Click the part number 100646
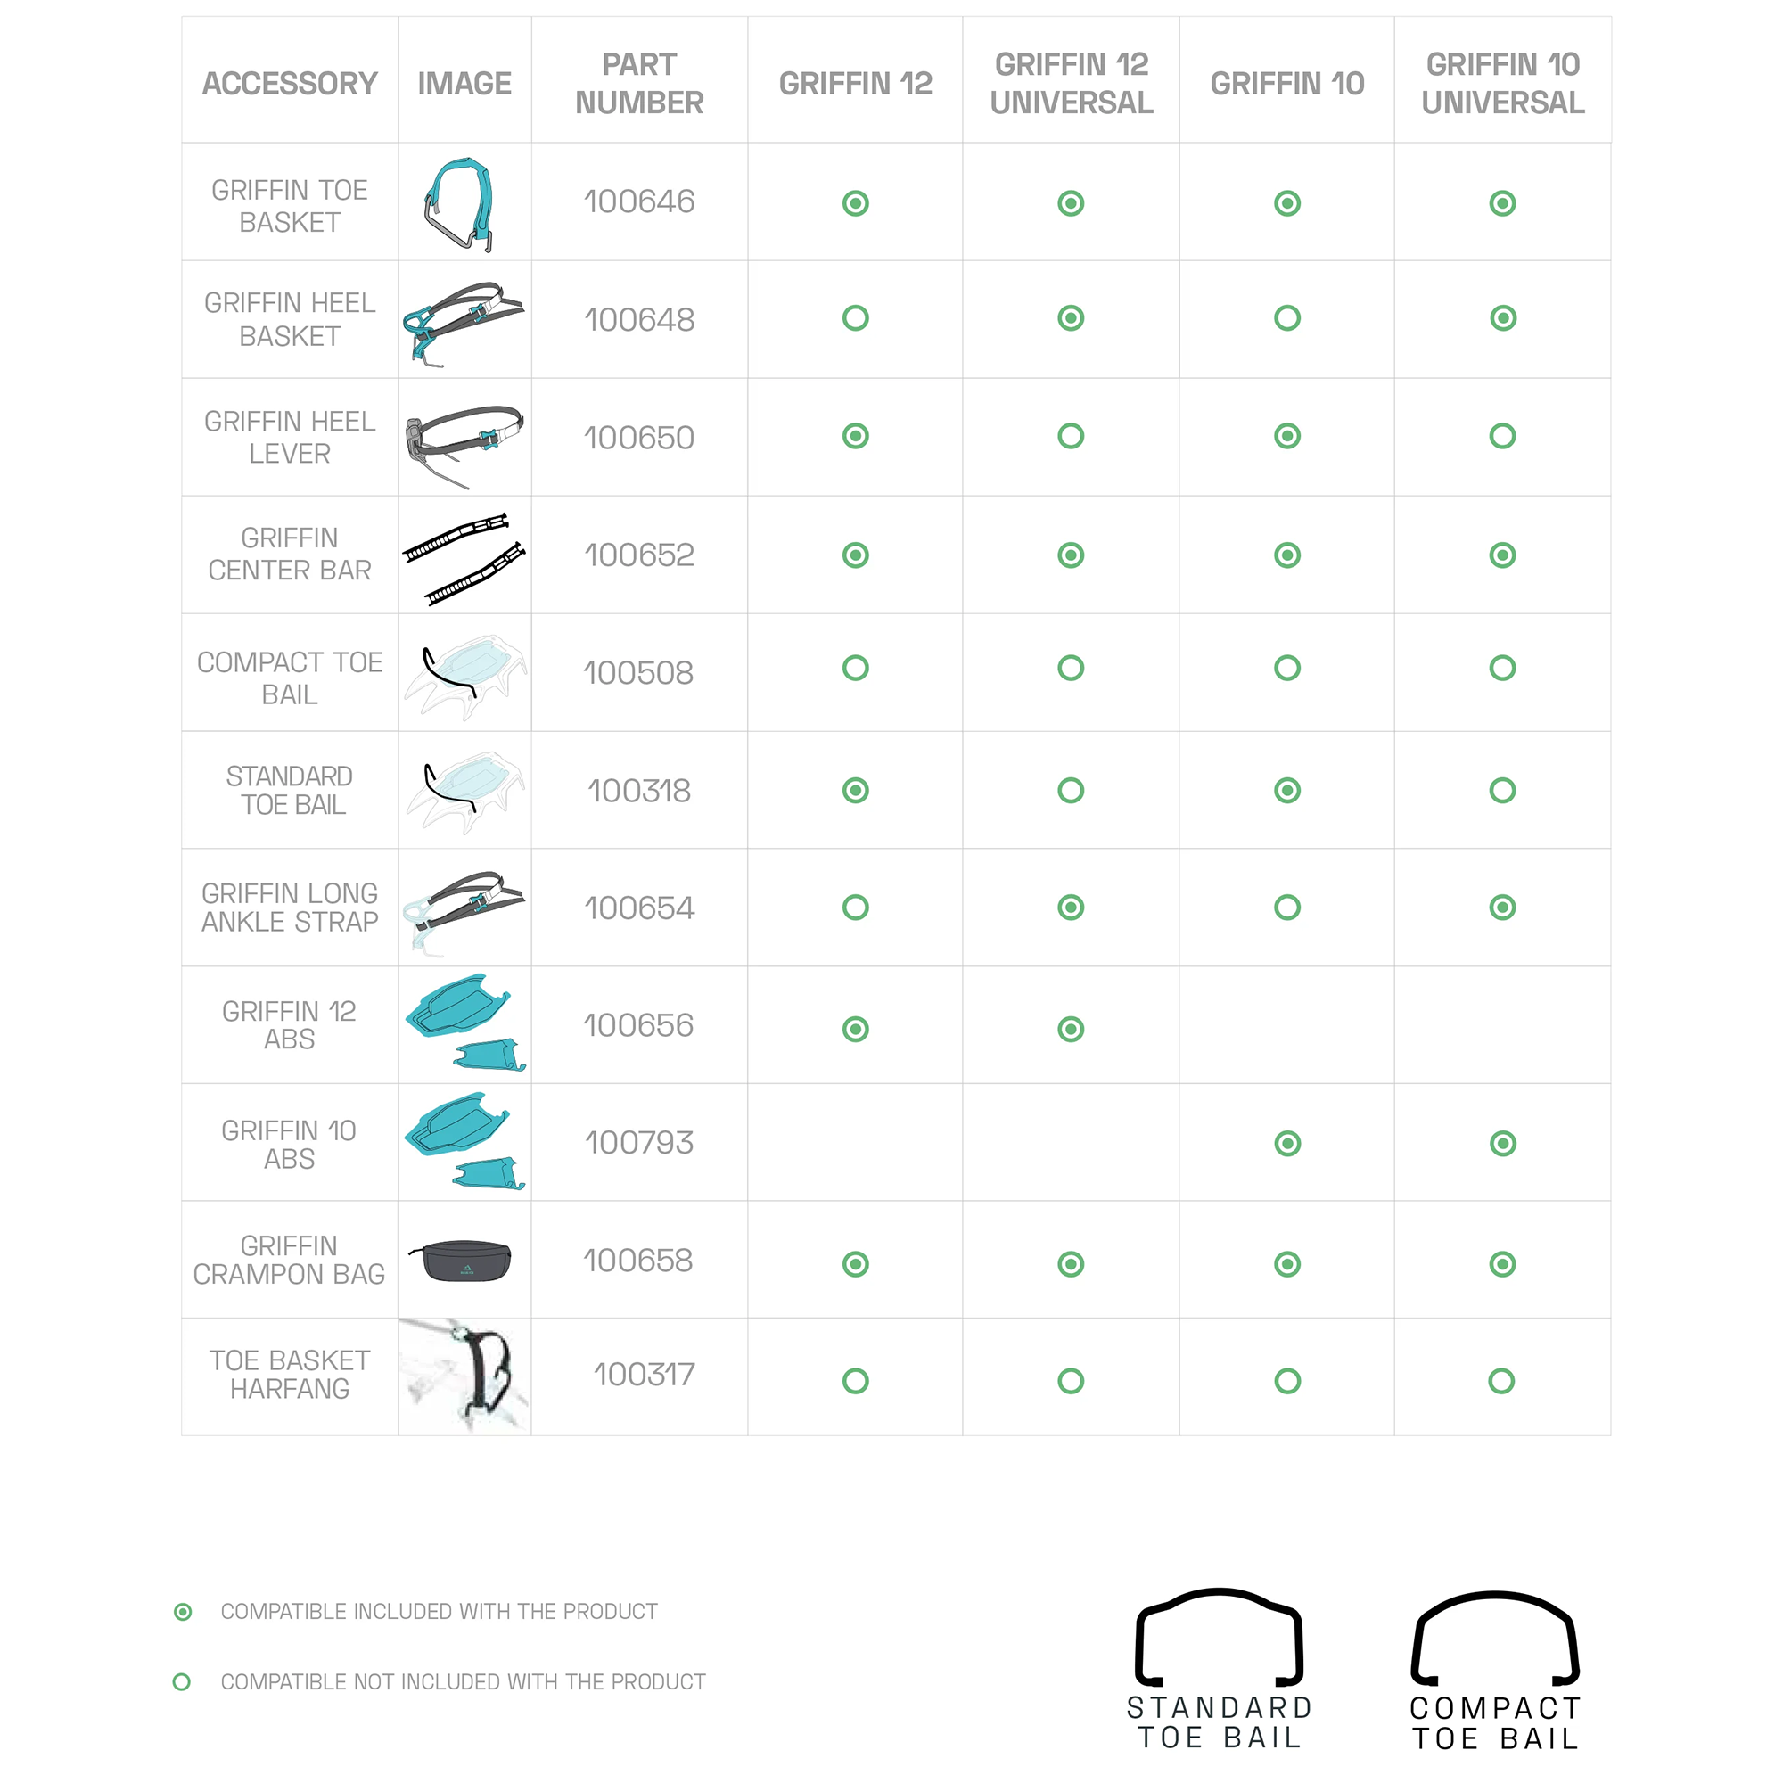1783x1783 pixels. point(638,201)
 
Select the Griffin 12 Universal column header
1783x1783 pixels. point(1071,83)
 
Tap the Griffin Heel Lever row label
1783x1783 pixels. point(289,438)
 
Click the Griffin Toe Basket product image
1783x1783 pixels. point(463,204)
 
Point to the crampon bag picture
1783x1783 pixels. point(464,1261)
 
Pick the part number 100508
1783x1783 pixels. point(637,673)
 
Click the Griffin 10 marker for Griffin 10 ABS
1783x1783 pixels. point(1286,1144)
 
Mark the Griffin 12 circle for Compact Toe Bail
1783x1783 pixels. point(855,667)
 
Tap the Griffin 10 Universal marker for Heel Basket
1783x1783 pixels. point(1501,318)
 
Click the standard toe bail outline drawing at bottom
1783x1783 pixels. point(1218,1638)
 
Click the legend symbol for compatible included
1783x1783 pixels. point(183,1611)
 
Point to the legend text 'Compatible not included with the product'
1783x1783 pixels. point(463,1681)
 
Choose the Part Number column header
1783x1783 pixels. point(638,83)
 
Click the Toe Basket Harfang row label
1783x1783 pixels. point(289,1374)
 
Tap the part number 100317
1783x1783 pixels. point(644,1374)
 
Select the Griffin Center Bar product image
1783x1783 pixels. point(464,556)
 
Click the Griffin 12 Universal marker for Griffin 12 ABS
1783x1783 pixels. point(1071,1029)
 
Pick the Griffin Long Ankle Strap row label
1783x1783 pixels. point(289,908)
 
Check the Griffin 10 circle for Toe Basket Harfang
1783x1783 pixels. point(1286,1381)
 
